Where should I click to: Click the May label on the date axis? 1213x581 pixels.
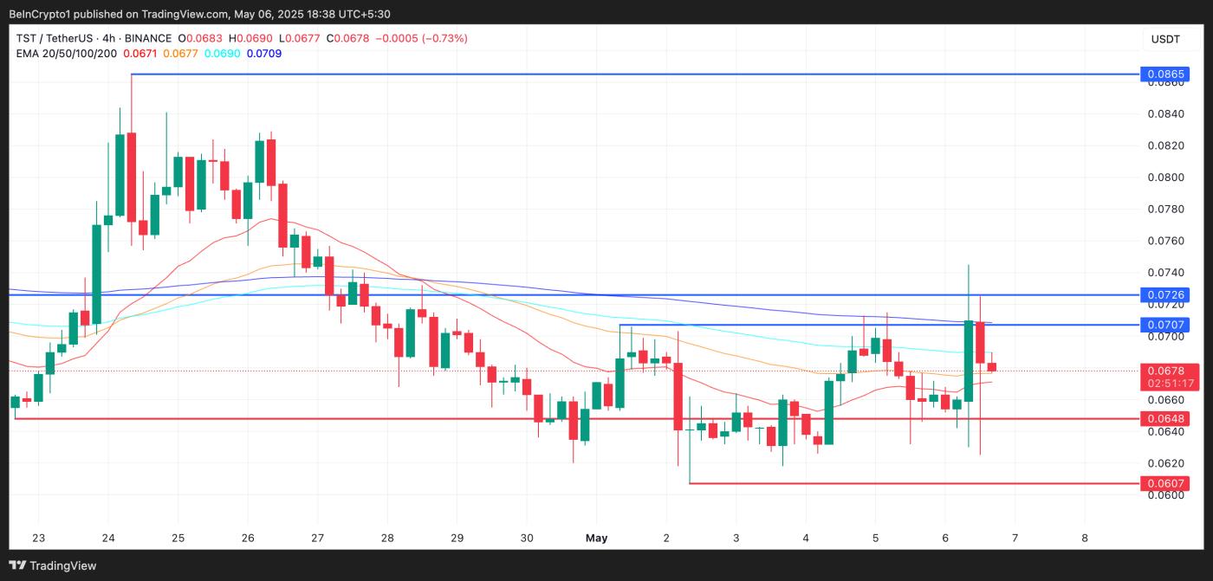pyautogui.click(x=596, y=538)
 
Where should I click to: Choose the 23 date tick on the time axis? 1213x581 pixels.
pyautogui.click(x=38, y=538)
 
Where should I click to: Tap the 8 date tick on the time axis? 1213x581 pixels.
pyautogui.click(x=1085, y=538)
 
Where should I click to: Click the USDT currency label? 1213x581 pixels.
pyautogui.click(x=1165, y=39)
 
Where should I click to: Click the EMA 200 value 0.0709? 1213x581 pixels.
pyautogui.click(x=264, y=54)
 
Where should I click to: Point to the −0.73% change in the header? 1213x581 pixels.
pyautogui.click(x=444, y=38)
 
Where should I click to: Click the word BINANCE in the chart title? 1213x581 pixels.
pyautogui.click(x=147, y=38)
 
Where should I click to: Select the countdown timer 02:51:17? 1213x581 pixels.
pyautogui.click(x=1171, y=383)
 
